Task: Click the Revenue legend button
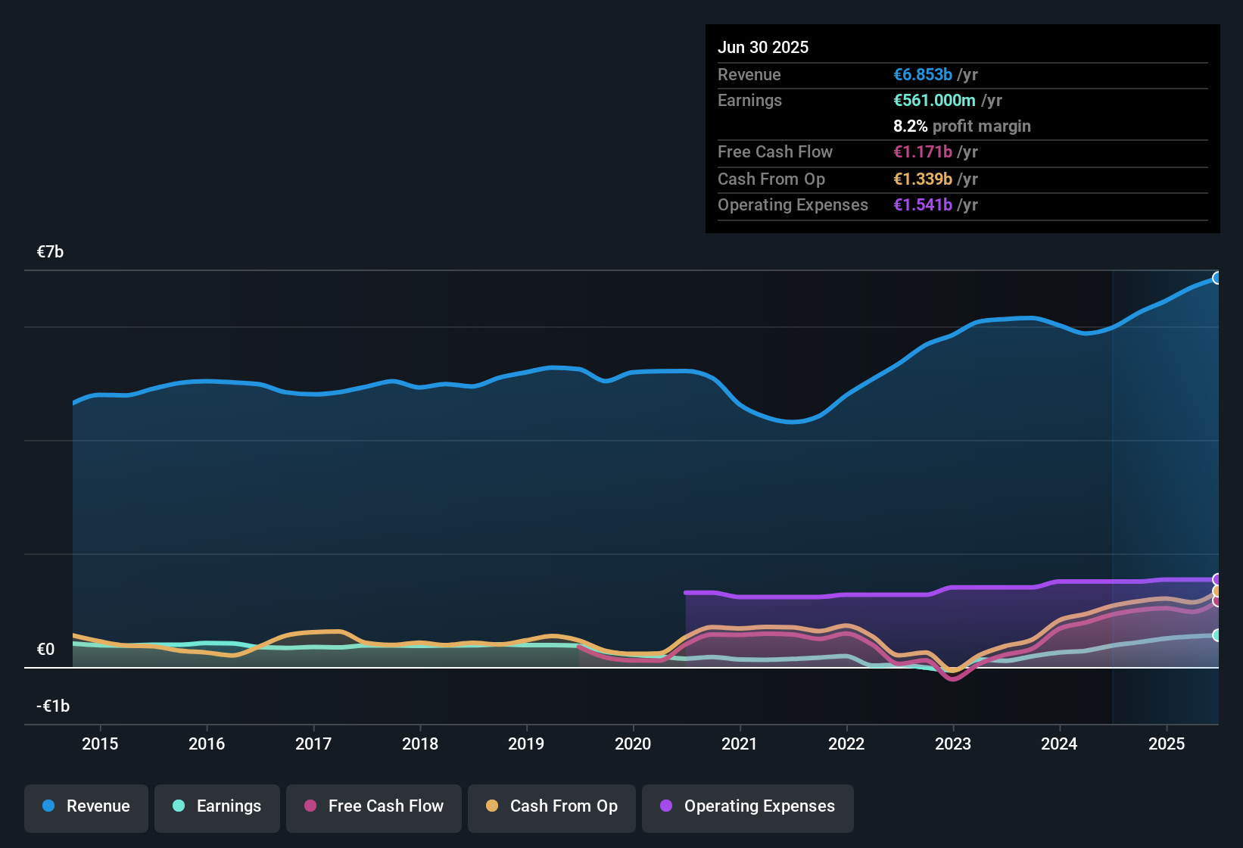[86, 806]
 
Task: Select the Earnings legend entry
[217, 806]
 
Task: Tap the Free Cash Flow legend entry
[374, 806]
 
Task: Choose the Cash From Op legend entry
[552, 806]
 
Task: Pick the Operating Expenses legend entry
[748, 806]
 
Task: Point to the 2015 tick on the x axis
[100, 744]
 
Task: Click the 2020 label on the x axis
[633, 744]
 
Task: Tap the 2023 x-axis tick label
[952, 744]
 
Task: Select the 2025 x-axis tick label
[1166, 744]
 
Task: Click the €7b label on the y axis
[50, 252]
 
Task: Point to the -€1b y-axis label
[53, 706]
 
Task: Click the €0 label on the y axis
[45, 650]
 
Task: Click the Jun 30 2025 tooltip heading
[763, 48]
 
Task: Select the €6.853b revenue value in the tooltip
[923, 75]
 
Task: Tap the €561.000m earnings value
[934, 101]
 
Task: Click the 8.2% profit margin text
[961, 126]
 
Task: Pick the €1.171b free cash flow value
[923, 152]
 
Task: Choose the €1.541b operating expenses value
[923, 205]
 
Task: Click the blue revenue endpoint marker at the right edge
[1217, 278]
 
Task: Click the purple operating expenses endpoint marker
[1217, 580]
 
